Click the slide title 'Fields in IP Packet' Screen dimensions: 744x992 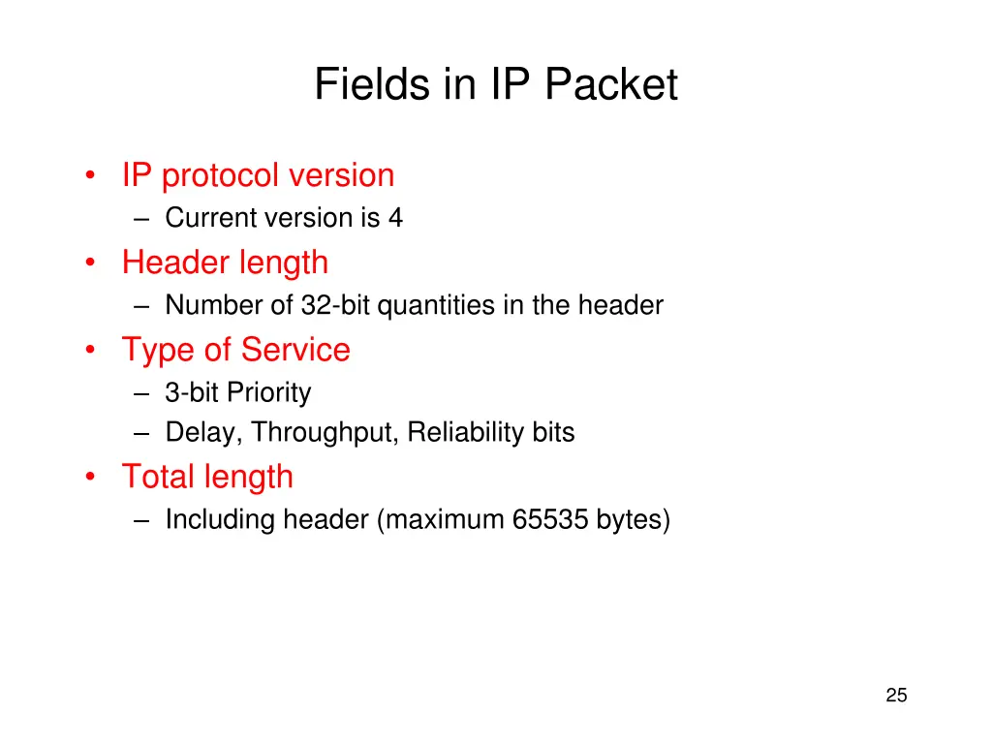click(495, 85)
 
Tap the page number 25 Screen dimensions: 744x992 click(896, 695)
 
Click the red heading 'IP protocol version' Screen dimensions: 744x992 click(258, 175)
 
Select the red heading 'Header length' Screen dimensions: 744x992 click(225, 263)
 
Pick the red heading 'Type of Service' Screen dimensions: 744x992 click(235, 350)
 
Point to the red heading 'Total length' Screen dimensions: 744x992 click(206, 477)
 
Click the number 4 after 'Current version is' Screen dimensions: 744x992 click(395, 219)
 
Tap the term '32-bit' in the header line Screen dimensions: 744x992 click(336, 306)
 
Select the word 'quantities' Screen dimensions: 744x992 click(436, 306)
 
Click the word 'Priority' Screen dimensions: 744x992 click(269, 393)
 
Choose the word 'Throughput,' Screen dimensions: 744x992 click(325, 433)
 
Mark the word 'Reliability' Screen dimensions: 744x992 click(466, 432)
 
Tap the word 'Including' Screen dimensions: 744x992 click(220, 520)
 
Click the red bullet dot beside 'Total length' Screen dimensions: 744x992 click(90, 477)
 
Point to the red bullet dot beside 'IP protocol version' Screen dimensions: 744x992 click(90, 176)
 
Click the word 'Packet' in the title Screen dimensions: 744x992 click(610, 85)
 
